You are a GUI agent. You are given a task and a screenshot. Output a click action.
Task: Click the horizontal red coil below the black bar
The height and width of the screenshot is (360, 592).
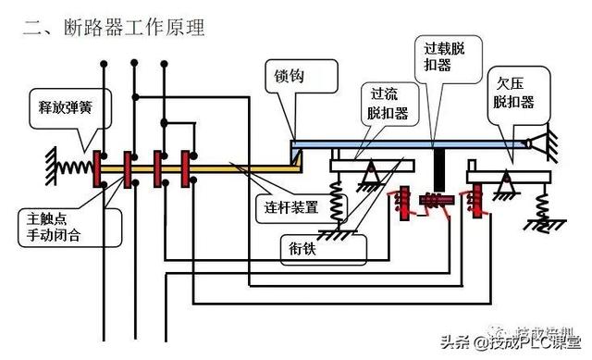433,199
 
